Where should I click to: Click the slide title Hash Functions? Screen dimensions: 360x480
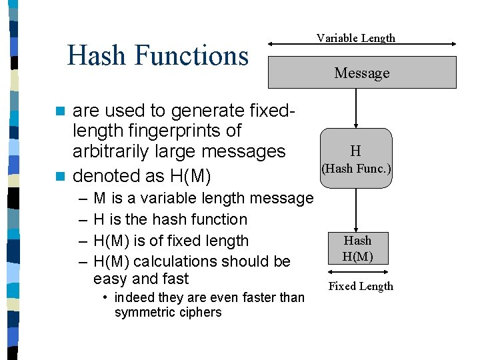pos(158,55)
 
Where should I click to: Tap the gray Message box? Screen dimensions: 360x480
pos(362,73)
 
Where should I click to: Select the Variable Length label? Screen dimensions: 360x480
pos(355,38)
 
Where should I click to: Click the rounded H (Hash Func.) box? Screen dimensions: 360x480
pos(356,158)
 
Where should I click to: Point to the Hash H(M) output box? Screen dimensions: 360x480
pos(357,249)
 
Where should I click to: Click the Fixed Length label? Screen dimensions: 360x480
pos(361,287)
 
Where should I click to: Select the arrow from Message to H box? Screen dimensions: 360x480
pos(356,108)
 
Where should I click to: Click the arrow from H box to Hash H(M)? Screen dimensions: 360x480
pos(357,209)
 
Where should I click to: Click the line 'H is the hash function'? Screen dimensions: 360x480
pos(170,219)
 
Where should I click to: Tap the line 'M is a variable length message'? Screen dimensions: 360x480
pos(203,198)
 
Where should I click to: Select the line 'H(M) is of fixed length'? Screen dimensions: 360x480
pos(171,241)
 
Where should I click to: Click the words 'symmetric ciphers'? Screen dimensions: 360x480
pos(168,313)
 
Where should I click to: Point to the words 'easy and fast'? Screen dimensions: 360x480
pos(141,279)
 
